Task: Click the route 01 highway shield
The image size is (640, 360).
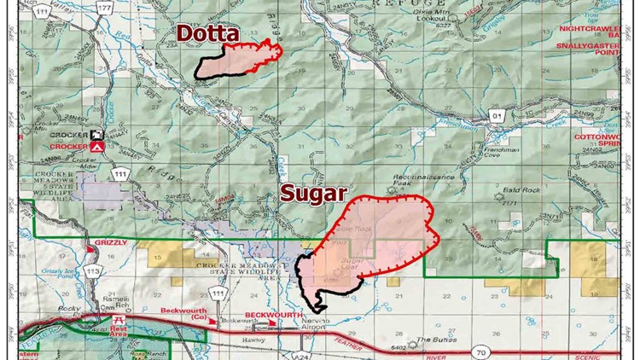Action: [497, 113]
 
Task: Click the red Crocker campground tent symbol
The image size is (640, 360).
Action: [98, 147]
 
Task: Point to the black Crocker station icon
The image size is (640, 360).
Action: [98, 135]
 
